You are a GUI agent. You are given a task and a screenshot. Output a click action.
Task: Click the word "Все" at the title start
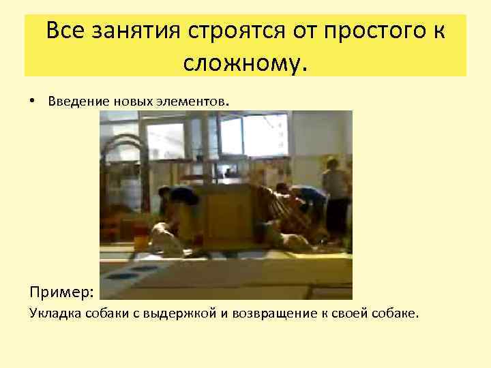click(x=66, y=31)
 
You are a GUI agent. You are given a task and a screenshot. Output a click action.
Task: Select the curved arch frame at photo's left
click(x=123, y=164)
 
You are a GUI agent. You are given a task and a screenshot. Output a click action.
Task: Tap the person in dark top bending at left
click(x=179, y=201)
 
